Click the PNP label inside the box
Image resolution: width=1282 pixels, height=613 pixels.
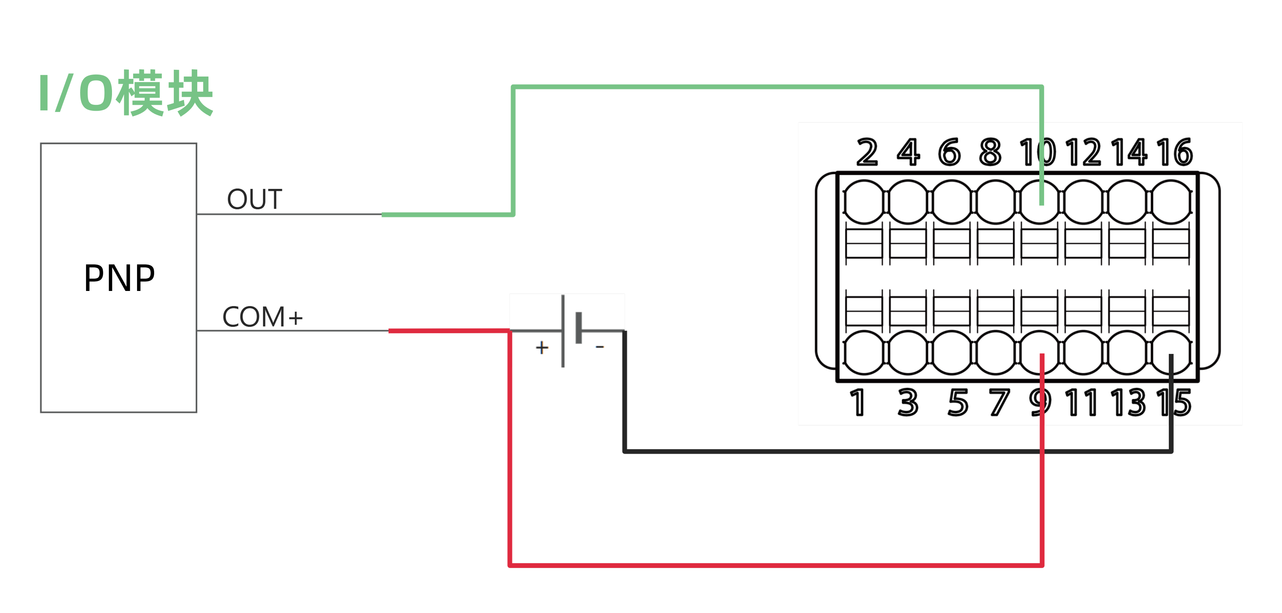[x=120, y=278]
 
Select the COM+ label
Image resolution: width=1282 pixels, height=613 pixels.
[x=262, y=317]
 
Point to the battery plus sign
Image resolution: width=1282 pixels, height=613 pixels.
[x=542, y=347]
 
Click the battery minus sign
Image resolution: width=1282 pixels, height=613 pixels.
[x=600, y=347]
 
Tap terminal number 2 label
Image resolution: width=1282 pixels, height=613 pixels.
[x=867, y=152]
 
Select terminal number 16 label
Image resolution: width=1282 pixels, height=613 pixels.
[x=1174, y=152]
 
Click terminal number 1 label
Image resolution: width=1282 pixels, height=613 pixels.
[x=858, y=402]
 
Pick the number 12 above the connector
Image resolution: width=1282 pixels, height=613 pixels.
[x=1084, y=152]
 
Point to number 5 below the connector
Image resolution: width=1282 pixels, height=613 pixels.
[x=958, y=402]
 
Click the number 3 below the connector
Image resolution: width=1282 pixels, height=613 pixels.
[x=908, y=402]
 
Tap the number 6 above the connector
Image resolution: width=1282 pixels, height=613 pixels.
[x=949, y=152]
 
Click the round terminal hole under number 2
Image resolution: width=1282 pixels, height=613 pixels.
[x=864, y=202]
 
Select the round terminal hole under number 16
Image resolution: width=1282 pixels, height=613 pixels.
[x=1171, y=202]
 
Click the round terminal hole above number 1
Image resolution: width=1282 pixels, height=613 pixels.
[x=864, y=352]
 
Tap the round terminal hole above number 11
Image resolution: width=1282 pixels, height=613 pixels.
[x=1084, y=352]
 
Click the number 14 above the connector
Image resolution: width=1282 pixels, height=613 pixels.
[x=1129, y=152]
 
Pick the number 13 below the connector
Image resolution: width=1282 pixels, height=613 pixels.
[x=1128, y=402]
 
